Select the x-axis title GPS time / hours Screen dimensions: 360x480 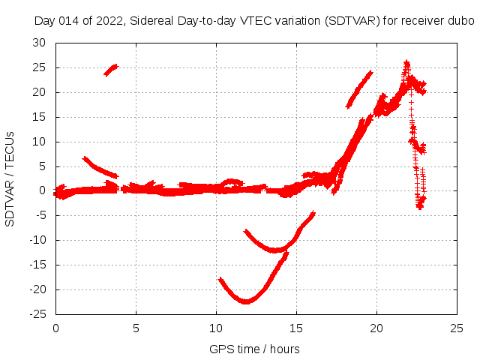coord(254,349)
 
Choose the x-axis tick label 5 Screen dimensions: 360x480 coord(136,328)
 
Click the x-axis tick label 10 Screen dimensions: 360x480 coord(216,328)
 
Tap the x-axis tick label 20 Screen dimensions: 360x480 coord(376,328)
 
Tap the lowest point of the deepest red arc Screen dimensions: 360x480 coord(246,301)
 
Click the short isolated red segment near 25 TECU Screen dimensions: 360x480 coord(111,70)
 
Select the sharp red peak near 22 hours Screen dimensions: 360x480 coord(406,64)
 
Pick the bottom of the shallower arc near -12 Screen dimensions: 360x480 coord(275,250)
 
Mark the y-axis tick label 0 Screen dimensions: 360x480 coord(43,190)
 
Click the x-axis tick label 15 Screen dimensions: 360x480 coord(296,328)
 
